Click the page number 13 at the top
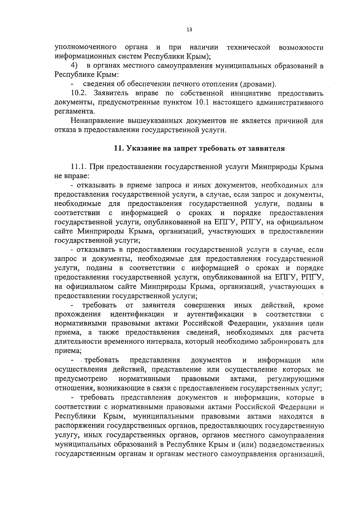[189, 29]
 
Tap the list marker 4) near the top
[74, 65]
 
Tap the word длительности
[76, 342]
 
